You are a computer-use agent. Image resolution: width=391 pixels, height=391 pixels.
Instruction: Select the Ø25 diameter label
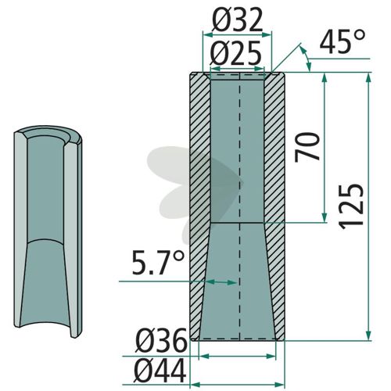pyautogui.click(x=235, y=53)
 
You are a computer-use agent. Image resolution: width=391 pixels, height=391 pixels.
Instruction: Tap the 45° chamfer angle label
pyautogui.click(x=342, y=41)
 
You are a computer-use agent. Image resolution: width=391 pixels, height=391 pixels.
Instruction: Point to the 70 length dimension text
pyautogui.click(x=307, y=147)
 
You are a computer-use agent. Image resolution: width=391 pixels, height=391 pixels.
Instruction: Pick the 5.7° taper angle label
pyautogui.click(x=158, y=263)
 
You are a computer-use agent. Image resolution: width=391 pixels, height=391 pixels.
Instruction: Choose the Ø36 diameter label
pyautogui.click(x=161, y=340)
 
